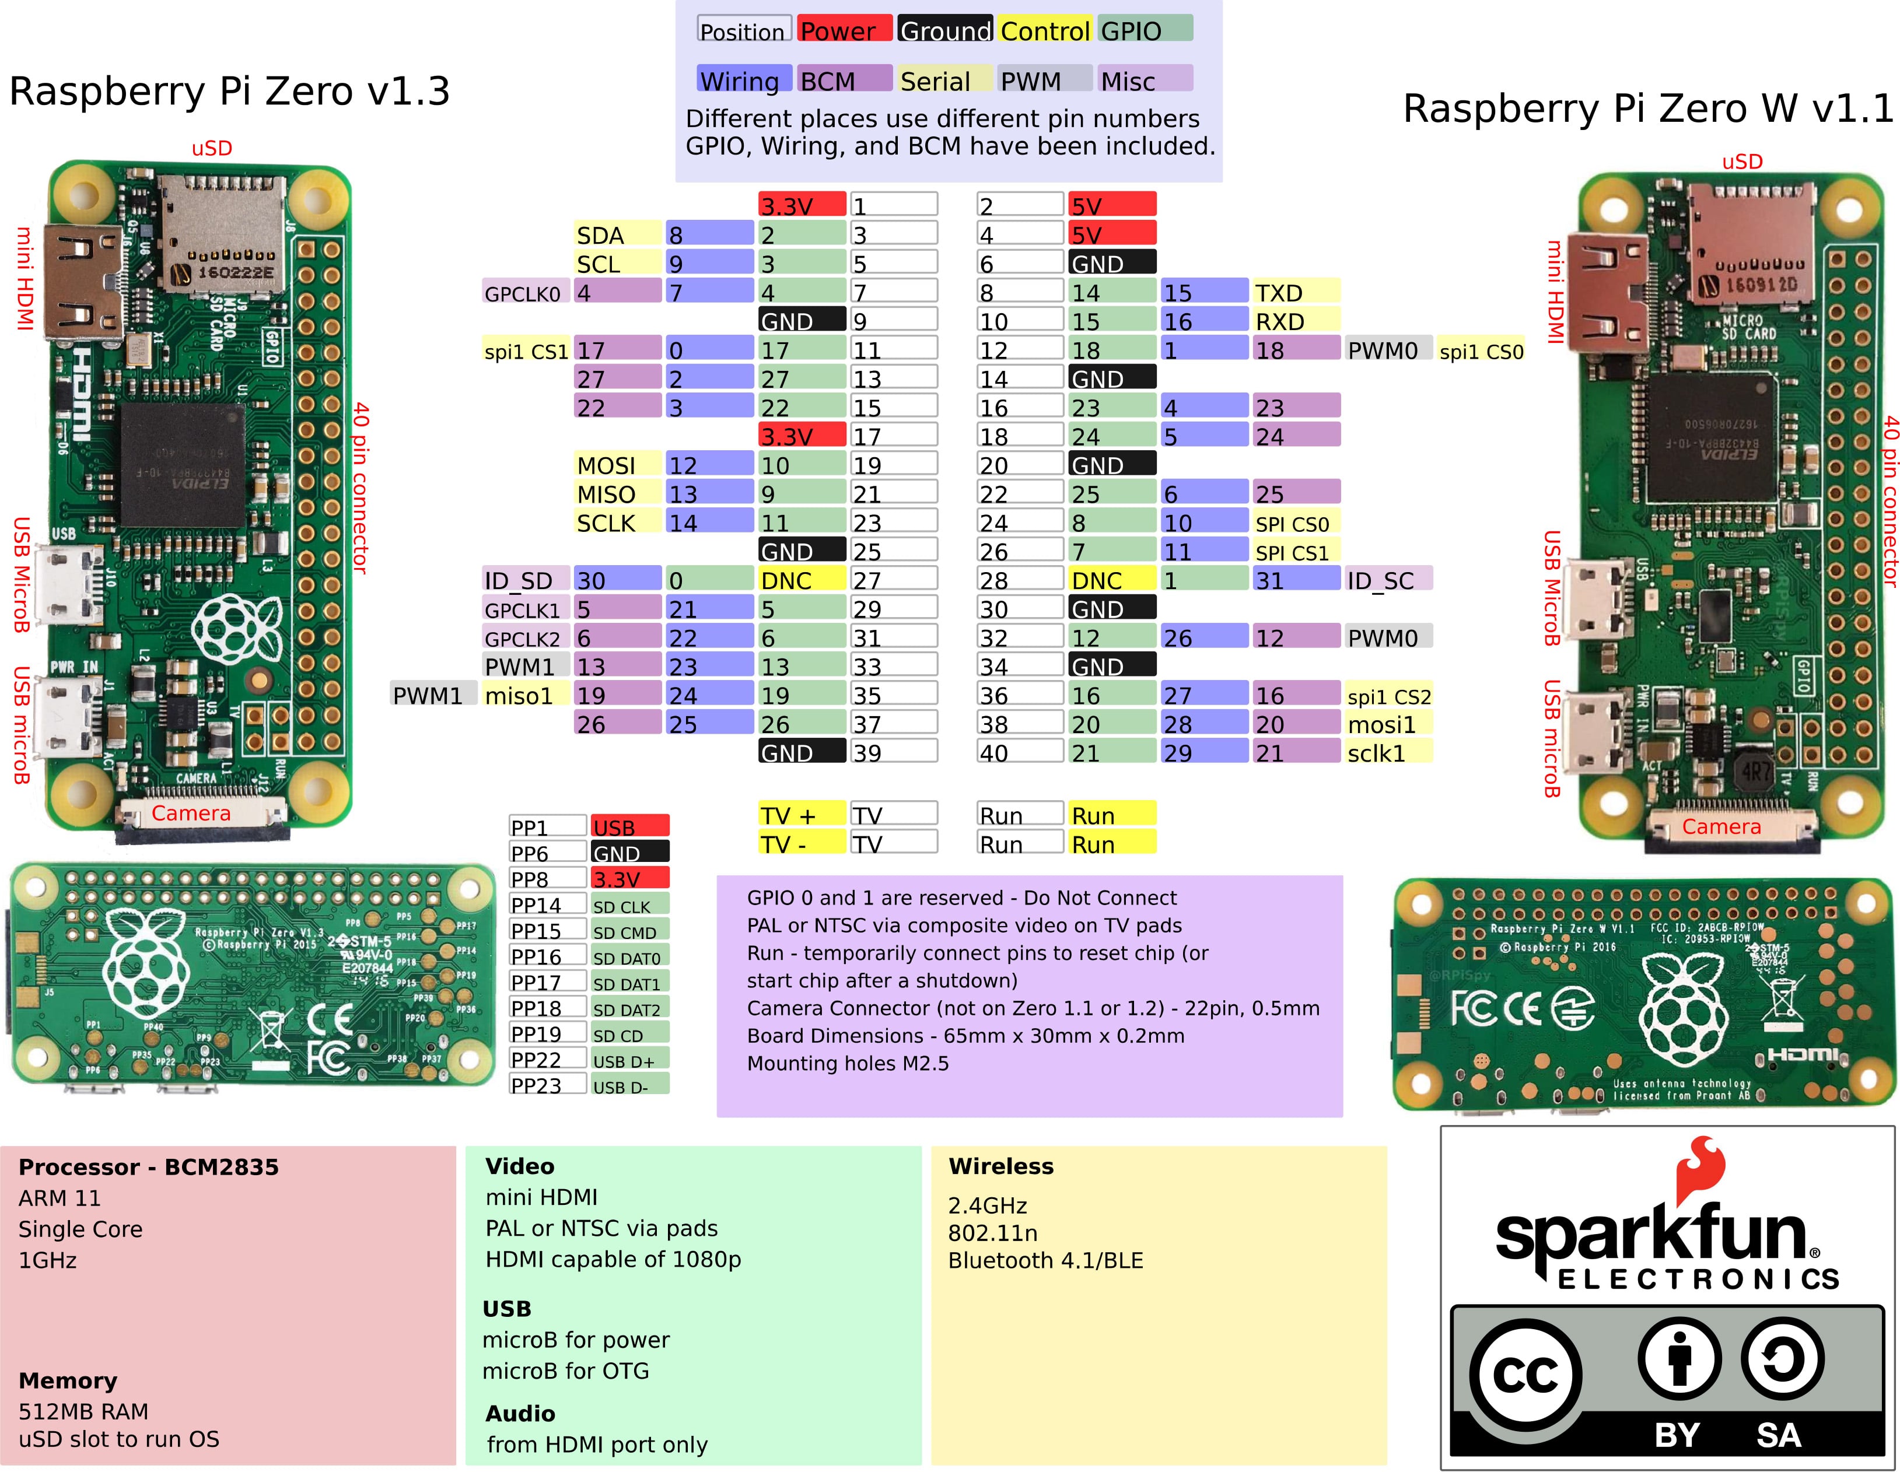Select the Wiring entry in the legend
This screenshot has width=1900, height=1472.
[x=743, y=80]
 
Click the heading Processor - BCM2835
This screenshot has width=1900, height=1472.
[x=149, y=1166]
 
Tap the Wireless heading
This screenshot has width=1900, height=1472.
[x=1000, y=1166]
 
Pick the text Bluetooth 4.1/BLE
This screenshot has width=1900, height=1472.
[x=1045, y=1260]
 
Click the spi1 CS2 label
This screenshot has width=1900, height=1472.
[x=1388, y=695]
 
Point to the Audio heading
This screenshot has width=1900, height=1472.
[x=520, y=1413]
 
